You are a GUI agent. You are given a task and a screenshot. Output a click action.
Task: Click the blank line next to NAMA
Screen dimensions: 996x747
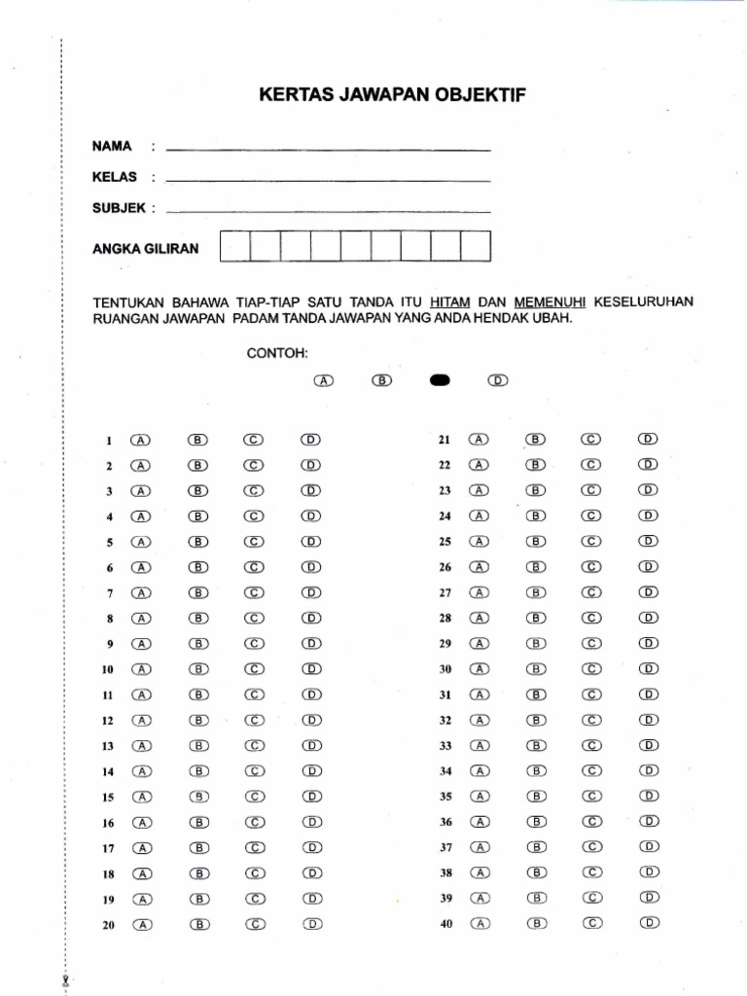[x=328, y=150]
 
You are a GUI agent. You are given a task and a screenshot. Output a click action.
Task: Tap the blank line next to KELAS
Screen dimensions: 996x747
[x=328, y=181]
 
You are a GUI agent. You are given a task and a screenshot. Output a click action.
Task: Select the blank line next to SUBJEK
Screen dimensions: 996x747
[x=328, y=211]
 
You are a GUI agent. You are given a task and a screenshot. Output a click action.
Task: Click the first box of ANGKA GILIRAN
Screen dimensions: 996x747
[x=234, y=247]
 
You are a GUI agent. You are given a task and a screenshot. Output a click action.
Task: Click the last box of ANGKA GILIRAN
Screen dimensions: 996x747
[x=476, y=247]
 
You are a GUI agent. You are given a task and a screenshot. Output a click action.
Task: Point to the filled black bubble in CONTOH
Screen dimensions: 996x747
[x=439, y=380]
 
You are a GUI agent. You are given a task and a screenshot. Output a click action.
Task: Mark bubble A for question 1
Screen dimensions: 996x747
[x=142, y=440]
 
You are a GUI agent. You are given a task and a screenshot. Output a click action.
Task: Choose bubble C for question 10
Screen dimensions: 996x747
[x=255, y=669]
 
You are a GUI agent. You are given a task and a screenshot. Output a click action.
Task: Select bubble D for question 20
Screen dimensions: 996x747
[x=312, y=924]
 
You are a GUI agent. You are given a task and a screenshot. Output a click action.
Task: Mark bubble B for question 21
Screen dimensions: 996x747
[x=536, y=439]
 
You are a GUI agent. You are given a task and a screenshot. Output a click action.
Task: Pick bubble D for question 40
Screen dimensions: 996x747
[x=650, y=922]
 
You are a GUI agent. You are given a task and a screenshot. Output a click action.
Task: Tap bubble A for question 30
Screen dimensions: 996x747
[x=480, y=668]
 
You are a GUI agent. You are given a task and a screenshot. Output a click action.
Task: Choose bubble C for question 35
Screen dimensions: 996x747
[x=592, y=796]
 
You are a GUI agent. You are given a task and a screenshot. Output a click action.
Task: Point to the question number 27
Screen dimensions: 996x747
[x=446, y=592]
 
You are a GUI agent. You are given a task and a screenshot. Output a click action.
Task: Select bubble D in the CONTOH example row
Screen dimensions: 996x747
[x=498, y=380]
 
